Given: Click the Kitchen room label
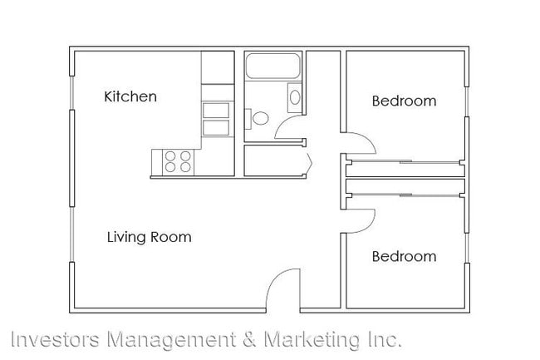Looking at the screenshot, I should (130, 96).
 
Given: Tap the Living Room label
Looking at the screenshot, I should (149, 237).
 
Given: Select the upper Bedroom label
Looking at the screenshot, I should (404, 101).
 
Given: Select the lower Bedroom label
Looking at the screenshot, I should (404, 256).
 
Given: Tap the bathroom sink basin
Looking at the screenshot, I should (295, 96).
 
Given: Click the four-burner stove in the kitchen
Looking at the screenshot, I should (177, 160).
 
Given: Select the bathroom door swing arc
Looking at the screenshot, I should (289, 126).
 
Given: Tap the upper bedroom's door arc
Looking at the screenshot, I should (362, 141).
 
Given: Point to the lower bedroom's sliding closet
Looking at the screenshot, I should (405, 189).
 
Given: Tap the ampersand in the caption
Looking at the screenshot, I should (248, 340).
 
